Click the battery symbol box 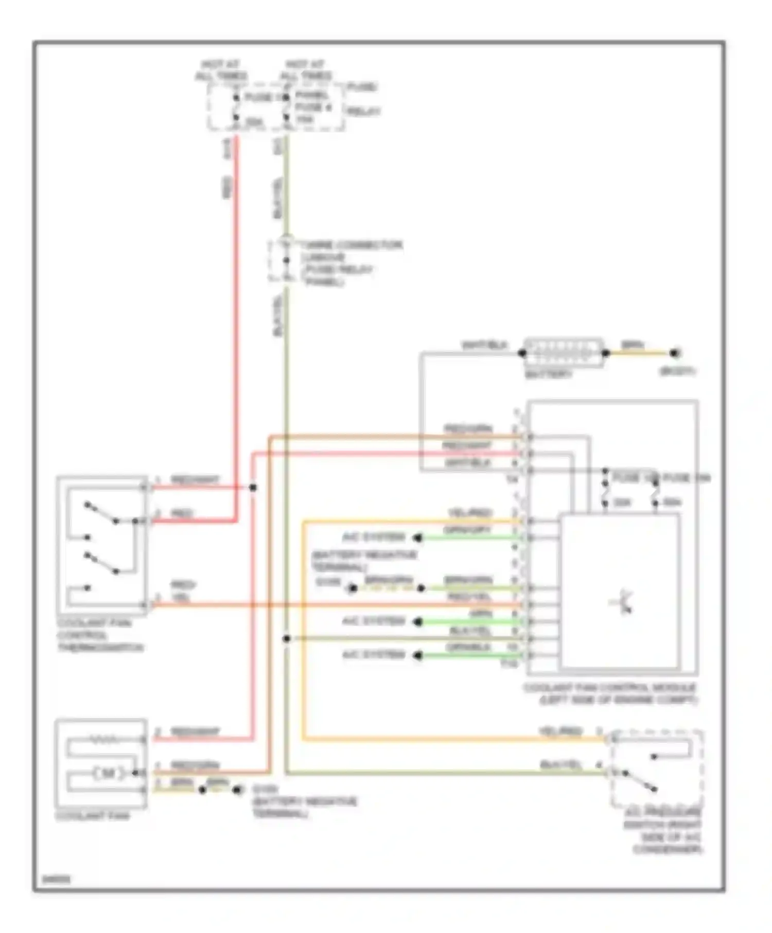pos(563,352)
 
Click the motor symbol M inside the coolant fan pos(109,773)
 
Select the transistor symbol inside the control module pos(623,602)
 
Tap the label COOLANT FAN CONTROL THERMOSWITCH pos(100,635)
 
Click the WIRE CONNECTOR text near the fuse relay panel pos(353,245)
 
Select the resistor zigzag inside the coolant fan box pos(105,740)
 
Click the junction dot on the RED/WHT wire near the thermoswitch pos(253,487)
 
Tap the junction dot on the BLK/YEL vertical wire pos(287,638)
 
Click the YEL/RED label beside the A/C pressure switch pos(560,731)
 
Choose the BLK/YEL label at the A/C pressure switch pos(560,765)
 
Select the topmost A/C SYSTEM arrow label pos(374,537)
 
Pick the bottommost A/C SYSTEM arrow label pos(374,655)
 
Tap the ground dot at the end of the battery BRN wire pos(675,353)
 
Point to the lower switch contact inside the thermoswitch pos(101,563)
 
